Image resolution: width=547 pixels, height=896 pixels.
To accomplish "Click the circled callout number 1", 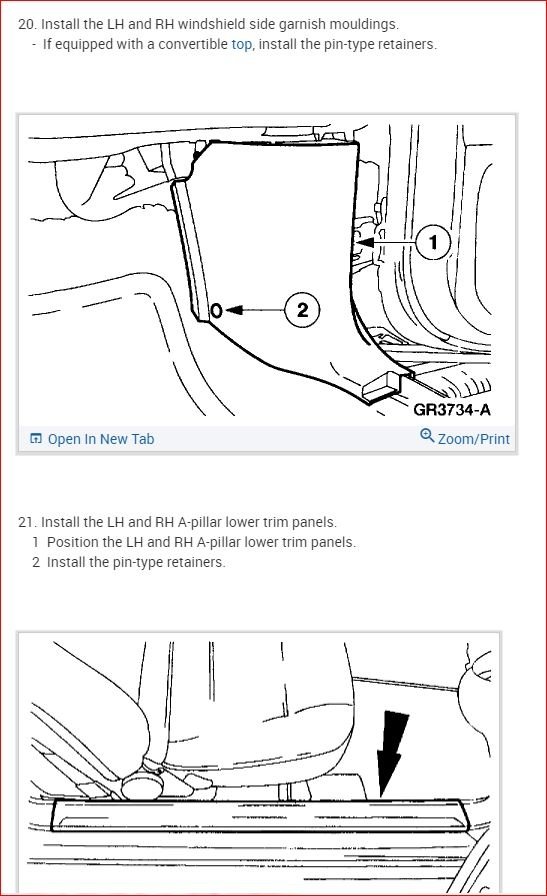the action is click(433, 242).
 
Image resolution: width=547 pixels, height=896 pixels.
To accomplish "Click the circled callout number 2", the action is click(302, 310).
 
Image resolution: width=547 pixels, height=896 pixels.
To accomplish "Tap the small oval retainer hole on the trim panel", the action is click(217, 310).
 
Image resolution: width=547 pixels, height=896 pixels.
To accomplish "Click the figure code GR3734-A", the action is click(452, 410).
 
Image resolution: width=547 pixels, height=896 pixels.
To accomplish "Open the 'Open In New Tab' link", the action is click(101, 439).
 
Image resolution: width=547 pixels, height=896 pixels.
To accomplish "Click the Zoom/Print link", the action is click(473, 439).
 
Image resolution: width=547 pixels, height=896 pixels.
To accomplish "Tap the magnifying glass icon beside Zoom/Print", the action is click(427, 436).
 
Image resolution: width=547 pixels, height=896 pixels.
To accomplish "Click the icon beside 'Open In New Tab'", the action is click(35, 439).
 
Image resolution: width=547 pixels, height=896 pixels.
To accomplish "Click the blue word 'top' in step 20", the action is click(241, 45).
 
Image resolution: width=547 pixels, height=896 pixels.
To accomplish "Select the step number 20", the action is click(26, 25).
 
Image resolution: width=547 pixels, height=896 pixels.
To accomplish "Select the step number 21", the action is click(26, 522).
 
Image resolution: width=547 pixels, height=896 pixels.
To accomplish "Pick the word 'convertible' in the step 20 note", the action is click(193, 45).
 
